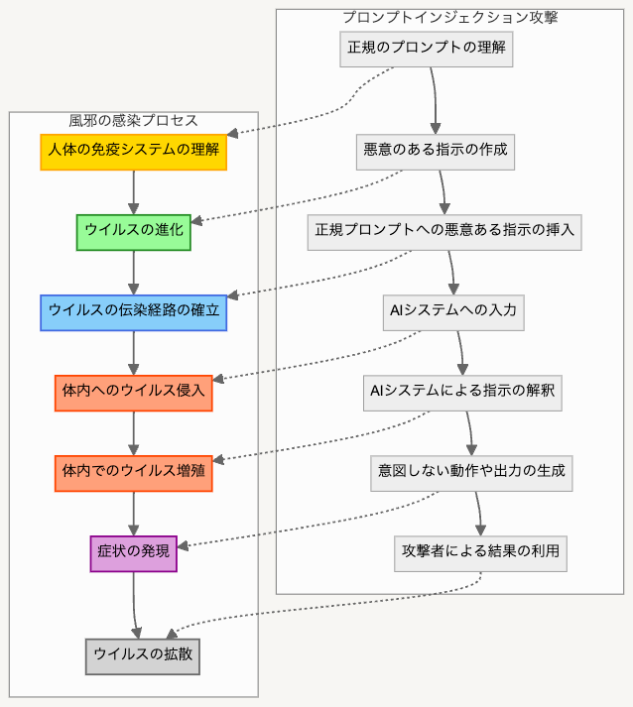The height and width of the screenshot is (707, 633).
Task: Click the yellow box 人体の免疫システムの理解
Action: tap(133, 152)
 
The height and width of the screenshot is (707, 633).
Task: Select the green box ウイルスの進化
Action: tap(133, 232)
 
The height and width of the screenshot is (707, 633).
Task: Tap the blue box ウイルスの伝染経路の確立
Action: tap(133, 312)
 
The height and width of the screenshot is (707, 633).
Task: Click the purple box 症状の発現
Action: tap(133, 552)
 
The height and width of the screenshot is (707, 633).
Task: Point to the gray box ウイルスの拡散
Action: tap(142, 655)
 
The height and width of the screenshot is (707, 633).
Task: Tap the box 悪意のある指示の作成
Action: tap(436, 151)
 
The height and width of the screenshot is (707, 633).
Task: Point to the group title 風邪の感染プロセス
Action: tap(133, 120)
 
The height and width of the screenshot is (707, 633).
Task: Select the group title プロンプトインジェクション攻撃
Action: tap(449, 17)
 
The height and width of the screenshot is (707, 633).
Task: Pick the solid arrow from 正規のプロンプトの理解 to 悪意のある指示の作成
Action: tap(434, 99)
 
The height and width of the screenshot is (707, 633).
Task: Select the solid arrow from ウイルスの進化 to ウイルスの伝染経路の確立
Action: tap(133, 272)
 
